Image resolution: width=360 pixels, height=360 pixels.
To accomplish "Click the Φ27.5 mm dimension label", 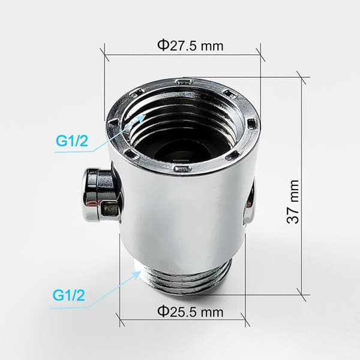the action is coord(190,46).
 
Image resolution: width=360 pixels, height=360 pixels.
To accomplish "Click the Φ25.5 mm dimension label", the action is coord(190,311).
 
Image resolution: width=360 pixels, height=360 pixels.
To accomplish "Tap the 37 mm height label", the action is coord(293,202).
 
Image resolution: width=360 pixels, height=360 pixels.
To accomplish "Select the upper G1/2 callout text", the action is coord(72,141).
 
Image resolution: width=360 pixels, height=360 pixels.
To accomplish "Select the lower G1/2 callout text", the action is coord(68,295).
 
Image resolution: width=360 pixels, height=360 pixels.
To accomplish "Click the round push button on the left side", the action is coord(101,195).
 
